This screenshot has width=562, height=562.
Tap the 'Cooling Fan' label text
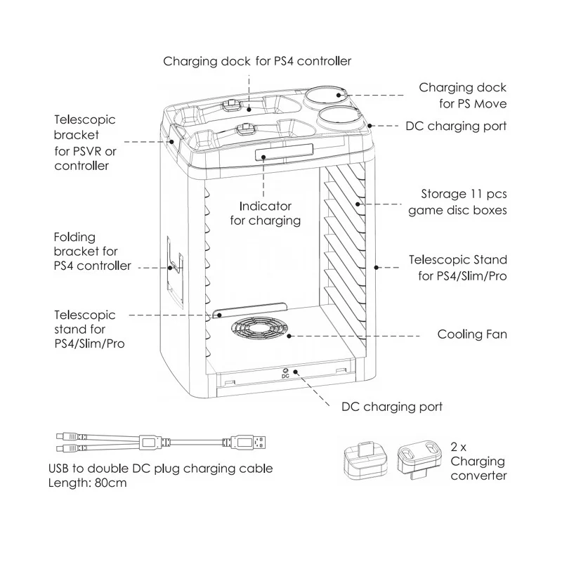click(471, 334)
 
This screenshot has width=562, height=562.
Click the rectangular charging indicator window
click(265, 153)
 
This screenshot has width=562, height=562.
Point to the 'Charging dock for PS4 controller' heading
click(257, 61)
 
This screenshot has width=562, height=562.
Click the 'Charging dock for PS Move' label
click(462, 96)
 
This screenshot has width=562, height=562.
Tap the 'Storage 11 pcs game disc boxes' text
click(457, 202)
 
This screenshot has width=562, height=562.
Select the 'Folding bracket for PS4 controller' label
click(92, 251)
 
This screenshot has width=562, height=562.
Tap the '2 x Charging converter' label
click(478, 462)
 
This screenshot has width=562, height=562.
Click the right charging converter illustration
click(419, 459)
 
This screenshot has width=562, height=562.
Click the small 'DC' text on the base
click(285, 377)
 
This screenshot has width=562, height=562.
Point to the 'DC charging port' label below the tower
click(391, 407)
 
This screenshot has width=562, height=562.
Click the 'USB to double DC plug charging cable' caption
click(160, 469)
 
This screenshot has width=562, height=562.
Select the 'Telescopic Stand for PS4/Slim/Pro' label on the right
click(462, 268)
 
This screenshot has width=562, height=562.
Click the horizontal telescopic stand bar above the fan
click(250, 310)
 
